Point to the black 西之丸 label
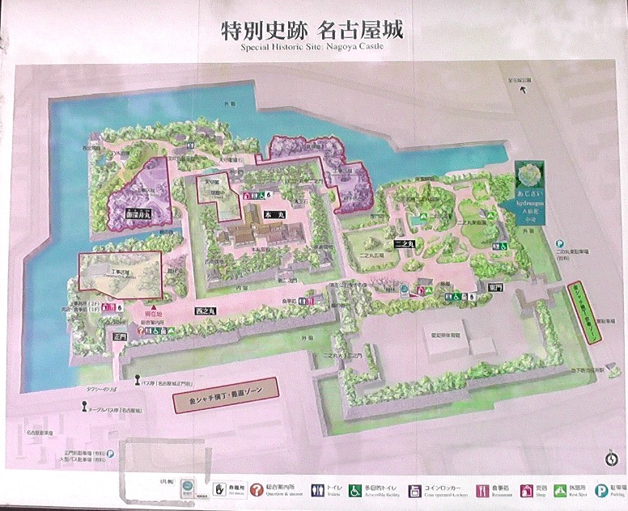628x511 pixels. [x=203, y=310]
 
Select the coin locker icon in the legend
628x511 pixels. [x=415, y=490]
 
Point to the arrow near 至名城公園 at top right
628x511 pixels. [x=525, y=89]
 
